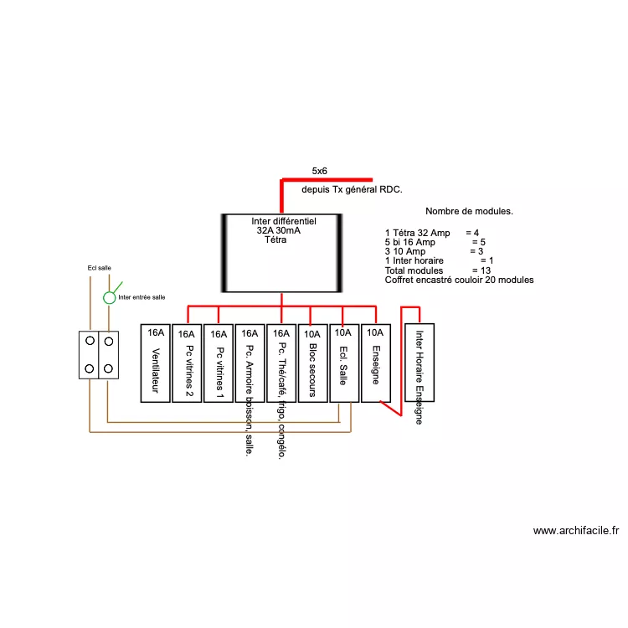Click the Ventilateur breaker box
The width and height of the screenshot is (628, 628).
pos(155,363)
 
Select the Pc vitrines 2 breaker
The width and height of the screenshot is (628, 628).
pos(187,363)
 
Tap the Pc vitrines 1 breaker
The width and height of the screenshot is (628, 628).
pos(219,363)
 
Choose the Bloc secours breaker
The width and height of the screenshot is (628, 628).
pos(311,363)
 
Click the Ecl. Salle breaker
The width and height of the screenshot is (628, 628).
pos(343,363)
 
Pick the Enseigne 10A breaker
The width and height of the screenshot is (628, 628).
pos(376,363)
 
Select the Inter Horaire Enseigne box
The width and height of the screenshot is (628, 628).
pos(419,363)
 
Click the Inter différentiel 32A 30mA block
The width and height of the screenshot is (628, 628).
pos(281,251)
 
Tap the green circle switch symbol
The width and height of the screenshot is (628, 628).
pos(109,297)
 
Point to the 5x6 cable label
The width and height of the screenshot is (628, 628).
pos(319,171)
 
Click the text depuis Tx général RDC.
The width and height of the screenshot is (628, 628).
pos(352,190)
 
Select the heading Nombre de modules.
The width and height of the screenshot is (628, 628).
pos(469,212)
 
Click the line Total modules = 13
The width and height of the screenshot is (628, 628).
pos(437,270)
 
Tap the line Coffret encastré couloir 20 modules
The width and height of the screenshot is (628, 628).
pos(459,281)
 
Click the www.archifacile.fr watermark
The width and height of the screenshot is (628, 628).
pos(575,530)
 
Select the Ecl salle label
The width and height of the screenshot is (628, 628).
pos(100,268)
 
